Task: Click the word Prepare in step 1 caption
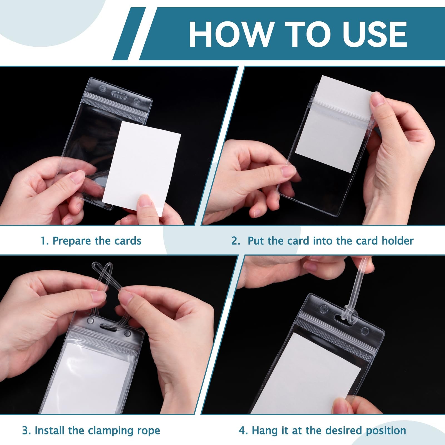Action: [72, 241]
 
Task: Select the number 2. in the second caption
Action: [236, 241]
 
